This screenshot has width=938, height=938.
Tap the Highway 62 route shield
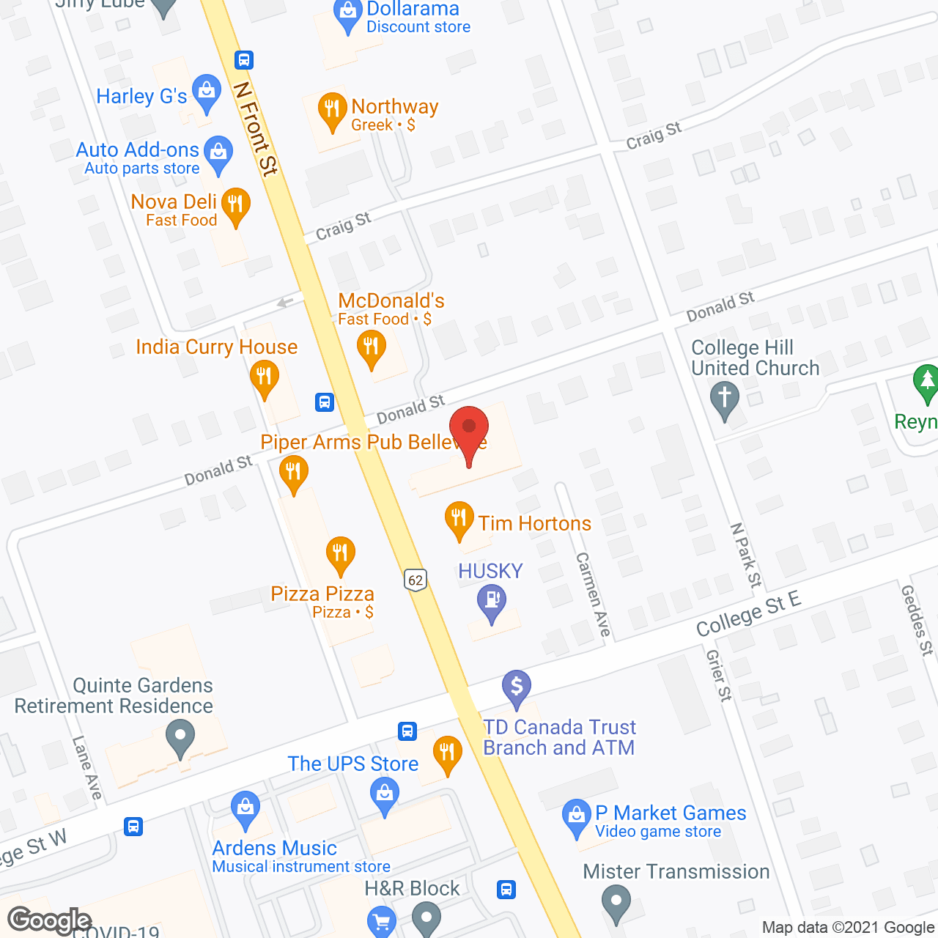point(416,580)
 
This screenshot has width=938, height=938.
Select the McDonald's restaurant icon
point(371,347)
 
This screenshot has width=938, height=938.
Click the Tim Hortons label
point(534,523)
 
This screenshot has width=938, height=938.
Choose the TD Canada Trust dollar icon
point(517,688)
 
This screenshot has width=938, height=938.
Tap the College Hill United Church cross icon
point(725,400)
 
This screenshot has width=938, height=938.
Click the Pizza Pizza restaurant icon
point(340,553)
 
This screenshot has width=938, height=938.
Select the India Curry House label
point(217,347)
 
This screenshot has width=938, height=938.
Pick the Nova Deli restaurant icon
point(235,204)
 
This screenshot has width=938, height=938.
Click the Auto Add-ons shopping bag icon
point(218,153)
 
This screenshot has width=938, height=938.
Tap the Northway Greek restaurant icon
point(332,110)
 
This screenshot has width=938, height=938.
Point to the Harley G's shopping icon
point(207,92)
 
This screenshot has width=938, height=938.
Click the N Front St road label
point(256,129)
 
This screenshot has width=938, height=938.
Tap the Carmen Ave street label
point(593,594)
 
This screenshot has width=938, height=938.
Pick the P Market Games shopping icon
point(577,816)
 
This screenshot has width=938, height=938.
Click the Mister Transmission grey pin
point(616,902)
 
